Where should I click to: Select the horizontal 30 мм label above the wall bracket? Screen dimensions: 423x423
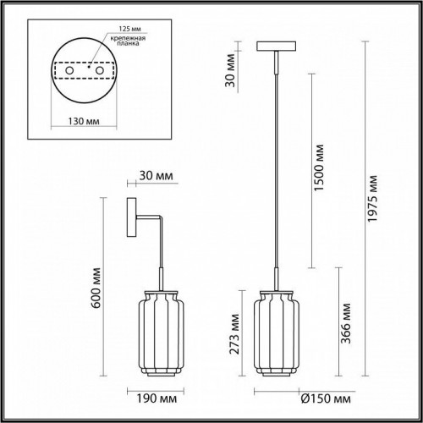pos(155,176)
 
